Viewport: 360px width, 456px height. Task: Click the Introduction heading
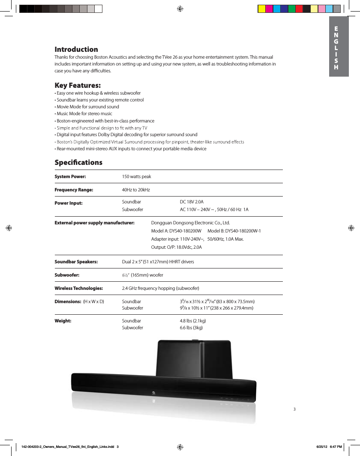[76, 49]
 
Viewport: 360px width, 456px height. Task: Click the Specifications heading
[78, 162]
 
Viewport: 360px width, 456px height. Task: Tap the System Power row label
[70, 176]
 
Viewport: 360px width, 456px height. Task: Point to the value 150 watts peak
[136, 176]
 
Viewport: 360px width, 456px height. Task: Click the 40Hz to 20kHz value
[136, 190]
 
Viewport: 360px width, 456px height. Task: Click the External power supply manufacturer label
[94, 223]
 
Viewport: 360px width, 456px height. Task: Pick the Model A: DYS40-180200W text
[176, 231]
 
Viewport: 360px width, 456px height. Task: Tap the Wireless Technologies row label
[78, 288]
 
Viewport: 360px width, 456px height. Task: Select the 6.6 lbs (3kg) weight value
[191, 328]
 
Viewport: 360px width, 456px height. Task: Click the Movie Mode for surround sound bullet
[87, 107]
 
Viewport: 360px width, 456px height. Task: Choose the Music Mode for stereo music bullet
[84, 113]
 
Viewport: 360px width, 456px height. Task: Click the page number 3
[294, 409]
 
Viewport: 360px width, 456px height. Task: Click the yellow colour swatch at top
[261, 9]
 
